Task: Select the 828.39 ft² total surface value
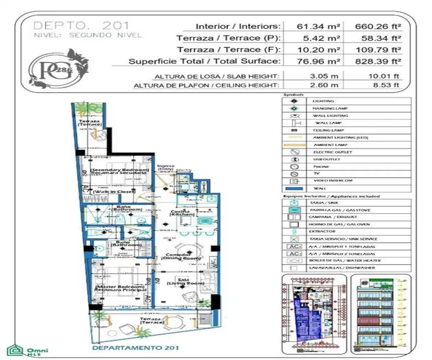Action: (x=378, y=61)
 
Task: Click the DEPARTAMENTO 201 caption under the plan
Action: (x=135, y=348)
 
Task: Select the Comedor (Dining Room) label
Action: (x=181, y=257)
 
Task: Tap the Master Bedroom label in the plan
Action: (x=121, y=288)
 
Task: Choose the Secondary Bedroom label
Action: (x=120, y=171)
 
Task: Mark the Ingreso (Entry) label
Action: (x=166, y=167)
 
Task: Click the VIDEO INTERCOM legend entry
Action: (x=333, y=181)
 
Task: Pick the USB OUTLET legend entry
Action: (x=327, y=159)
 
